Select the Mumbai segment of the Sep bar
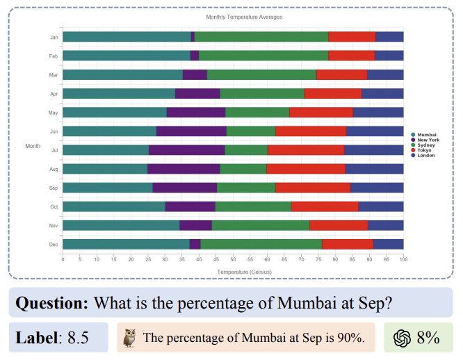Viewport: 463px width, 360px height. coord(108,188)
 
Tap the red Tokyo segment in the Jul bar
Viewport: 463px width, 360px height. coord(305,149)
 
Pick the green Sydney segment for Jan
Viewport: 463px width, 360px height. coord(261,37)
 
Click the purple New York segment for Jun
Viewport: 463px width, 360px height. coord(191,131)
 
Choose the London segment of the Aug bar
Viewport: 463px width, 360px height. coord(374,168)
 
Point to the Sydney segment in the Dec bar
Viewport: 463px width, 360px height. coord(261,244)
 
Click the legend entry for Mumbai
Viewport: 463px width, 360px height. coord(426,134)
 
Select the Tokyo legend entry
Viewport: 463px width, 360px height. coord(425,150)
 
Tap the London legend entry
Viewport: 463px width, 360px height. coord(426,156)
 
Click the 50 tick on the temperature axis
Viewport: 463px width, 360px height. coord(233,260)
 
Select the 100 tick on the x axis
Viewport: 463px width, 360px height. coord(403,260)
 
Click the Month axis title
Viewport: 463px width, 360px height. coord(33,146)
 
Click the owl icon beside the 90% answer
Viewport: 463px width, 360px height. coord(129,338)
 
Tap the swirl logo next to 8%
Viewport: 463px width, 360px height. coord(402,338)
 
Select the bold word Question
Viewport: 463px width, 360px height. coord(52,303)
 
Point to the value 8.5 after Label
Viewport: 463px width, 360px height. coord(78,338)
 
